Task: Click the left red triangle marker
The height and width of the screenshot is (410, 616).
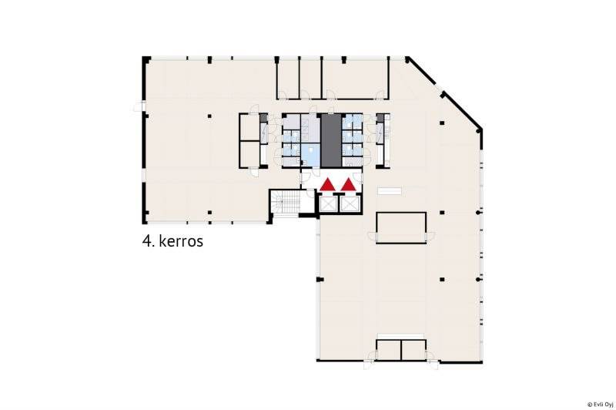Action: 327,185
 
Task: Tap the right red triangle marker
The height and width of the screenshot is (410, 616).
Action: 348,185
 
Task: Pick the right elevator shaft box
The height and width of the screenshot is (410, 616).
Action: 349,203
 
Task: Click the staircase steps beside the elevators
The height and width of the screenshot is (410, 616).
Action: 288,202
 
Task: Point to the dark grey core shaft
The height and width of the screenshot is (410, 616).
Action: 331,140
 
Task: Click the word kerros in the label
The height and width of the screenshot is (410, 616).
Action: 181,241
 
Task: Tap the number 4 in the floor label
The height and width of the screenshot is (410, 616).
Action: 146,241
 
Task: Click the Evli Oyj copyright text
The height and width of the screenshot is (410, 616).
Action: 601,404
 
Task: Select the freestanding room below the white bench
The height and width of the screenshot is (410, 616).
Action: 401,227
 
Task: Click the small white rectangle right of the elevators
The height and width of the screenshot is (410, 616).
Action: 390,191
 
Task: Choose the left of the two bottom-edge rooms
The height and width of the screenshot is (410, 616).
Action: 389,350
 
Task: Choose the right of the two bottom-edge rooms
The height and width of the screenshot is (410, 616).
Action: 413,350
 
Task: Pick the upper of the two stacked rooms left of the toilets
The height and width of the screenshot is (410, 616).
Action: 249,127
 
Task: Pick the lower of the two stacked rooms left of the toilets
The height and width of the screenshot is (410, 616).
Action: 249,154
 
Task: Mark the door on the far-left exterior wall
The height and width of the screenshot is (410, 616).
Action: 139,106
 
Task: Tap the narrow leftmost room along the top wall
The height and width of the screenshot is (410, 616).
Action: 288,79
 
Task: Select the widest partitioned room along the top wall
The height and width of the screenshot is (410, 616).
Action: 356,79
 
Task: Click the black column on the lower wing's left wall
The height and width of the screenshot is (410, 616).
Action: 320,280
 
